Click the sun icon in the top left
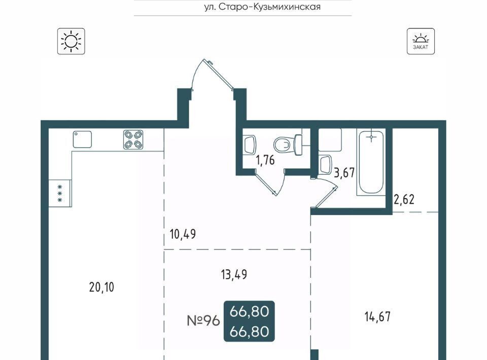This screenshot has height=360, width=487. click(71, 41)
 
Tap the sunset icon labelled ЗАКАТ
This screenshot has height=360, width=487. click(421, 41)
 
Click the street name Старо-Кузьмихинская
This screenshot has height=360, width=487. click(269, 7)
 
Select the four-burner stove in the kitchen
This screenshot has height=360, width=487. click(133, 139)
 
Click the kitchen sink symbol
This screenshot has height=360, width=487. click(82, 139)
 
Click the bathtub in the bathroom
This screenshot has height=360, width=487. click(371, 162)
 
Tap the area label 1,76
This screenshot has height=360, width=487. click(265, 160)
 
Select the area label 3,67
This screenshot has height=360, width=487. click(344, 172)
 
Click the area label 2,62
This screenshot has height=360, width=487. click(404, 199)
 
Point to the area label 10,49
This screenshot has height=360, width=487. click(183, 234)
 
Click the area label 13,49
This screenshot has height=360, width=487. click(234, 274)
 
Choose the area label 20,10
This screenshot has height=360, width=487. click(101, 287)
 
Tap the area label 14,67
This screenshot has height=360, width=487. click(377, 317)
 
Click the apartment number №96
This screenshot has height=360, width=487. click(203, 320)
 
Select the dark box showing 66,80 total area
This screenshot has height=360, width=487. click(249, 321)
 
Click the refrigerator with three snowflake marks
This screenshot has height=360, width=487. click(60, 193)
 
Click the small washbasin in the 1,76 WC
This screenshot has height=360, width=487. click(250, 145)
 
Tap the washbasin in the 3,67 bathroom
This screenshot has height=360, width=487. click(325, 164)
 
